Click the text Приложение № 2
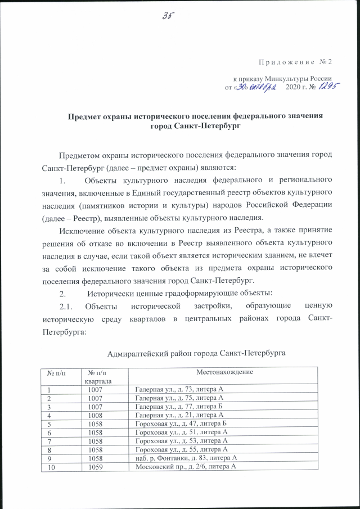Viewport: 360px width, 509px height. coord(293,61)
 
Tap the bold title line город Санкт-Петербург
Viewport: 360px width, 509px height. coord(195,127)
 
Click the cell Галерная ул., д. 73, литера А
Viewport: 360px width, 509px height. coord(180,389)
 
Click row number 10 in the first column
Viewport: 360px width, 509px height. coord(51,467)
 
